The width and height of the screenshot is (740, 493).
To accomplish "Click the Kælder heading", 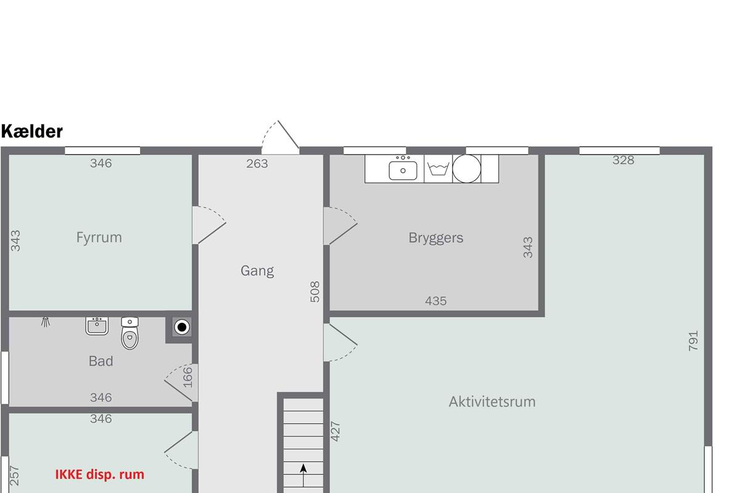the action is tap(31, 131).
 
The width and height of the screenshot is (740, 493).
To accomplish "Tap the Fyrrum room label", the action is tap(99, 237).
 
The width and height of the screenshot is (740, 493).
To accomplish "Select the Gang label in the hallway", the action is tap(257, 271).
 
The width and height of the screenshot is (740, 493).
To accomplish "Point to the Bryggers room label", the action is tap(436, 238).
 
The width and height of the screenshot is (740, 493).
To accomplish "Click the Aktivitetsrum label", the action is tap(492, 402).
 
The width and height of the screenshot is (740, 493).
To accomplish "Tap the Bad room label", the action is tap(101, 361).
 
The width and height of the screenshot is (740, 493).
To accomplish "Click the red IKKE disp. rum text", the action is tap(99, 474).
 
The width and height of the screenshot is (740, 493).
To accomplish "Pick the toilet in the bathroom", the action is tap(130, 333).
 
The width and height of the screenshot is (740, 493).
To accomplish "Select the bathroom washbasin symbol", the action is tap(97, 326).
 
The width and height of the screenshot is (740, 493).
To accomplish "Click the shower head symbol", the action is tap(46, 322).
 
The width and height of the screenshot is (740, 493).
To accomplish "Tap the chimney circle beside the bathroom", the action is tap(182, 327).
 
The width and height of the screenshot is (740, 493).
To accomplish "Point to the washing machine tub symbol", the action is tap(438, 169).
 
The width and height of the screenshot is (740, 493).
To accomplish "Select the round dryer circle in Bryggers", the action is tap(466, 168).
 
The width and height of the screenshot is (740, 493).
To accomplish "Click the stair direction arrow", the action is tap(303, 475).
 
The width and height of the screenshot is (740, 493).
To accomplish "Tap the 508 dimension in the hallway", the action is tap(315, 291).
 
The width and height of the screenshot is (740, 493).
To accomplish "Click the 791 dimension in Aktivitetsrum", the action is tap(693, 340).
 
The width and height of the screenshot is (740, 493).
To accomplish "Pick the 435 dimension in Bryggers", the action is tap(436, 301).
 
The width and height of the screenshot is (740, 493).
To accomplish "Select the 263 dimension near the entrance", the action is tap(257, 163).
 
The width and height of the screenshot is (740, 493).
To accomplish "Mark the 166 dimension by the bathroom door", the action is tap(187, 377).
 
